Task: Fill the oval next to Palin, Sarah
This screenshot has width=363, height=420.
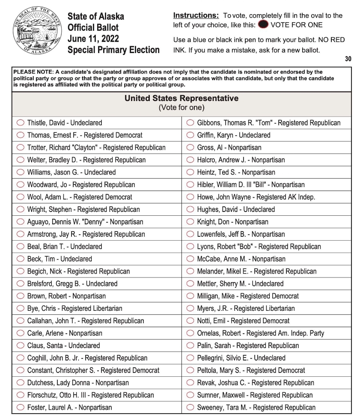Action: click(x=190, y=346)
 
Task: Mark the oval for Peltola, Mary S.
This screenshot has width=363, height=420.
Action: click(x=190, y=370)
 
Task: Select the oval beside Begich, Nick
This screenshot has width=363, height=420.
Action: click(x=20, y=271)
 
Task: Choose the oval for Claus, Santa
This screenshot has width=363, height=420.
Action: click(x=20, y=346)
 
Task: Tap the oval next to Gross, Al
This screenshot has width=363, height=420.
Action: click(x=190, y=148)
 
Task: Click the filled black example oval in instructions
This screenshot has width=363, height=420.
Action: click(x=262, y=25)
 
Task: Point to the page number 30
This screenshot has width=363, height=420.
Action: click(x=348, y=59)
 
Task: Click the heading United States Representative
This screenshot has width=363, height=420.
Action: click(x=181, y=98)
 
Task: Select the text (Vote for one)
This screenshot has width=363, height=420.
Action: click(x=181, y=107)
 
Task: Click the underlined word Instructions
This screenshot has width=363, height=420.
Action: click(x=196, y=15)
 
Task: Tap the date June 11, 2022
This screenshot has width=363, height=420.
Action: click(x=93, y=39)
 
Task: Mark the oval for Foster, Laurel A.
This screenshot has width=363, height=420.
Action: click(x=20, y=408)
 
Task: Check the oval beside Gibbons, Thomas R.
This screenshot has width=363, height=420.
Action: click(x=190, y=123)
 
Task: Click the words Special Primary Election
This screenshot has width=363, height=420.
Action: click(x=113, y=50)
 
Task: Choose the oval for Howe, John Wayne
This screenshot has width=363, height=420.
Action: click(x=190, y=197)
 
